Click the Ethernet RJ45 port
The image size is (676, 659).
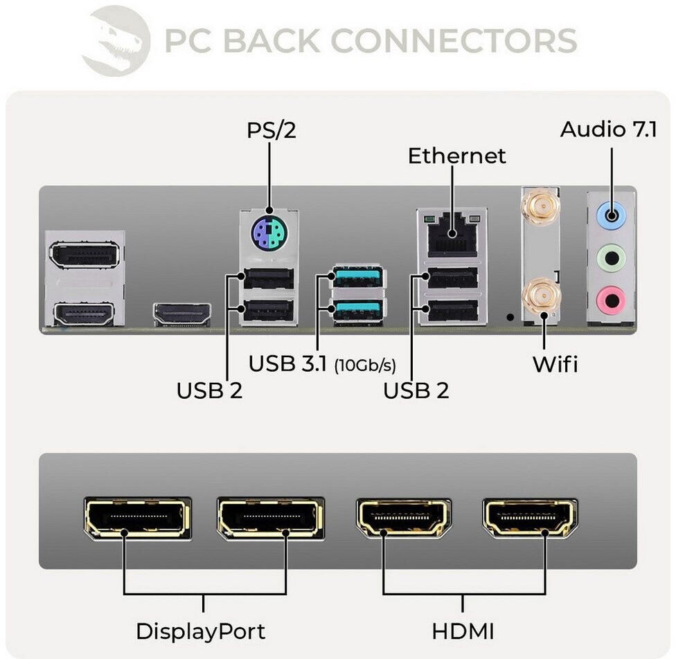click(452, 235)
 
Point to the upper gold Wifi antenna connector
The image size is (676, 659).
click(541, 207)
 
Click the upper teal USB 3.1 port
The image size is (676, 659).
click(358, 277)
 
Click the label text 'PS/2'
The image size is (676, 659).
click(272, 130)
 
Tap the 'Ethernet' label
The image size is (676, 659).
click(456, 156)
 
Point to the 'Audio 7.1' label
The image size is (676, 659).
click(608, 129)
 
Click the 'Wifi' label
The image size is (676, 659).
click(554, 364)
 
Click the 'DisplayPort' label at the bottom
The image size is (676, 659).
click(200, 631)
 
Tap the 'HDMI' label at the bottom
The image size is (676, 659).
click(463, 631)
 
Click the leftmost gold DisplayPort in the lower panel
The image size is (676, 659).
click(136, 517)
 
